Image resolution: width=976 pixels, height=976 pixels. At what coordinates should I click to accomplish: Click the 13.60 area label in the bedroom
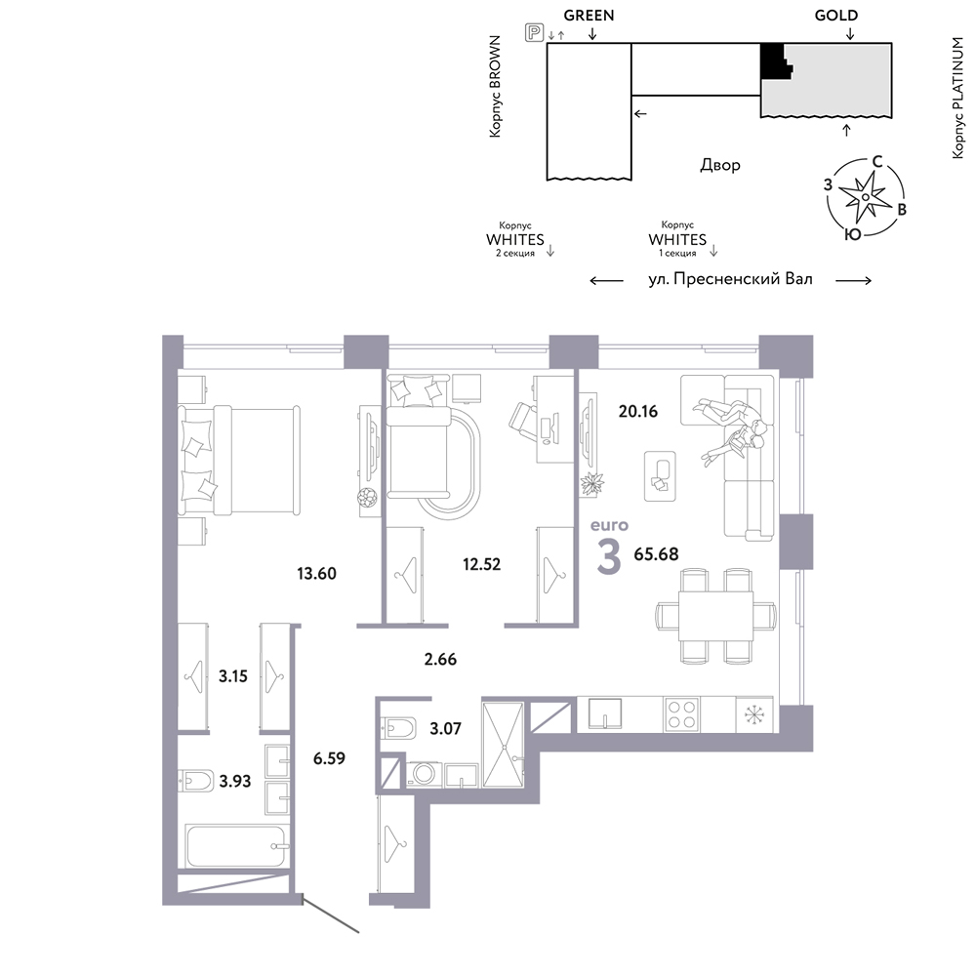click(316, 573)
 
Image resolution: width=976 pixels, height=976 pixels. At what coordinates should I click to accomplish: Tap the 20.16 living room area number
click(638, 411)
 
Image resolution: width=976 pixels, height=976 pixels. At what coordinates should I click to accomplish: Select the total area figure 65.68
click(656, 553)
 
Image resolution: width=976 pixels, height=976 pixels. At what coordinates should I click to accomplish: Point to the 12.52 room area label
click(482, 564)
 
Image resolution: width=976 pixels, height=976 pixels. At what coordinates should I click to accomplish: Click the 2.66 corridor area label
click(441, 659)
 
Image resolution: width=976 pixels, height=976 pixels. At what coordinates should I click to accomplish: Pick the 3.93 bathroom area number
click(234, 781)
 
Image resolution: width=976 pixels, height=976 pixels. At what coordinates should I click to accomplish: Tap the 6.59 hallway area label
click(329, 758)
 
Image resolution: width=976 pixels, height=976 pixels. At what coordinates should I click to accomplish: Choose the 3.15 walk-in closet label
click(233, 676)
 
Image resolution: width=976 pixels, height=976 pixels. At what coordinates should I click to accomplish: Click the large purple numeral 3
click(608, 557)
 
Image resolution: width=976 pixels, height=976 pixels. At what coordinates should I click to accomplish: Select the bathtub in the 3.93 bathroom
click(236, 844)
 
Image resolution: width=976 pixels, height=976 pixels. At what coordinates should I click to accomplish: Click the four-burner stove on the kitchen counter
click(681, 714)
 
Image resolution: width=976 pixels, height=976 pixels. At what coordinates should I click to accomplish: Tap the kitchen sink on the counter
click(605, 712)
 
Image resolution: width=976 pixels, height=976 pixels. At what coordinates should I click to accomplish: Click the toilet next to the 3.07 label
click(398, 727)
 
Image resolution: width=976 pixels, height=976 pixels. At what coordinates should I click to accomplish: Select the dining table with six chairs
click(715, 615)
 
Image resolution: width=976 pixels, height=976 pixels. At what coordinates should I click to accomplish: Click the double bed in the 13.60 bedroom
click(239, 460)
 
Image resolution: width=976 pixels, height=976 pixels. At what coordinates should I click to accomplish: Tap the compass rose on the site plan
click(865, 197)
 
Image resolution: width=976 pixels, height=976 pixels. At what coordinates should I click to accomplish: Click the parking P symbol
click(534, 32)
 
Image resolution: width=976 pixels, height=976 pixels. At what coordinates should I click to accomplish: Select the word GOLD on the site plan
click(836, 15)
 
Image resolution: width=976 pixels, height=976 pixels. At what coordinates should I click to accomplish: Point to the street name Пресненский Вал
click(743, 279)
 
